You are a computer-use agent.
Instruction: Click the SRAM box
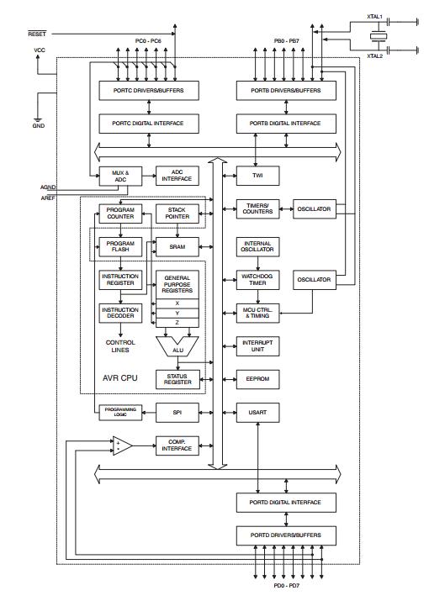(178, 246)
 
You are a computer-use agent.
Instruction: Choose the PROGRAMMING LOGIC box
(118, 412)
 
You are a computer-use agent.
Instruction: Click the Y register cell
(177, 313)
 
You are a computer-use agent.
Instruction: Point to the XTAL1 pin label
(374, 16)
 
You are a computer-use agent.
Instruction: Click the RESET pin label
(37, 34)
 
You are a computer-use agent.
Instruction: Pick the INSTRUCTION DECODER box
(120, 313)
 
